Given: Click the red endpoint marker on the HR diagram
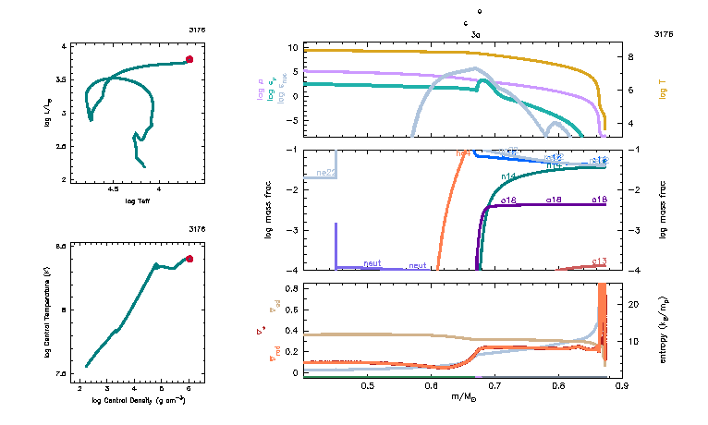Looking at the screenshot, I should (189, 59).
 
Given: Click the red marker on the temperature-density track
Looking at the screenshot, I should (189, 259).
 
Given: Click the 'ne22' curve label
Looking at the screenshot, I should (325, 172).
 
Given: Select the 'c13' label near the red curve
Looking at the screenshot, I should (599, 261).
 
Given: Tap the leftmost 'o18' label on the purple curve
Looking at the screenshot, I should (508, 200).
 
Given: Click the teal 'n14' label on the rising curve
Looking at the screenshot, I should (508, 176).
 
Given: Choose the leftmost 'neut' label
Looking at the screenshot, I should (372, 263).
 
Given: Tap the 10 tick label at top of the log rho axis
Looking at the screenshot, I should (290, 46).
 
